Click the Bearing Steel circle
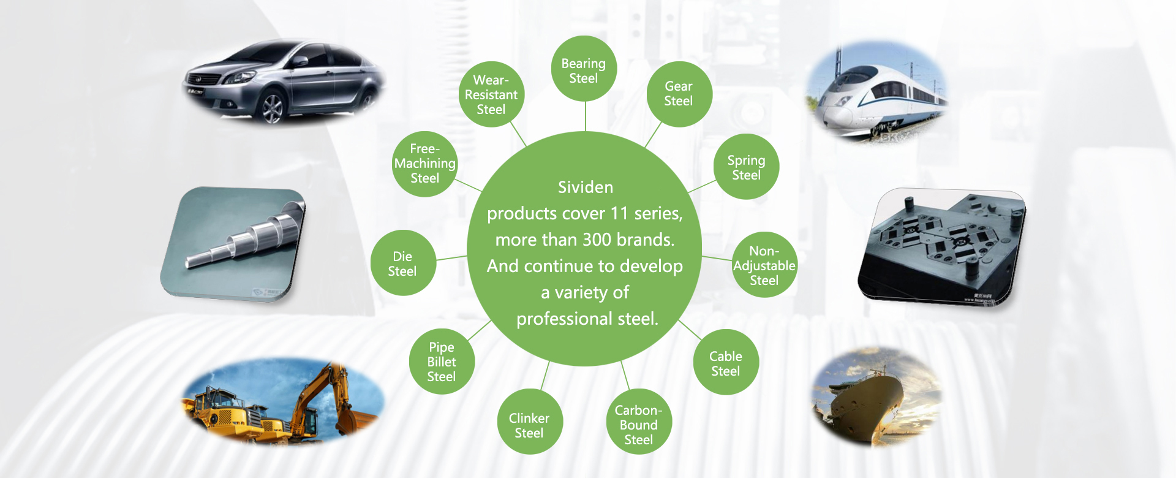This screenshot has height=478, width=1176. pos(584,69)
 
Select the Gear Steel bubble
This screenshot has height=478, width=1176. pos(679,94)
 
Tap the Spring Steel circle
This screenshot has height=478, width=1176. pos(747,167)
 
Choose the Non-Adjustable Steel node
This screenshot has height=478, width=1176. pos(764,265)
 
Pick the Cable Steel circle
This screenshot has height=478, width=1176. pos(726,362)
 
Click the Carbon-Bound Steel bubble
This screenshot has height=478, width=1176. pos(639,422)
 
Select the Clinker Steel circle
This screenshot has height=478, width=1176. pos(530,422)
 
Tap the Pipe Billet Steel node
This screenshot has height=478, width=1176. pos(442,362)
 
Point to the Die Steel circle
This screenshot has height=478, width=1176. pos(403,263)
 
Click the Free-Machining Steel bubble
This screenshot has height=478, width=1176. pos(424,164)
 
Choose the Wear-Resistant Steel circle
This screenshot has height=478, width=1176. pos(491,94)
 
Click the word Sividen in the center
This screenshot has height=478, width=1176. pos(586,187)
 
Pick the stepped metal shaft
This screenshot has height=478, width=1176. pos(245,236)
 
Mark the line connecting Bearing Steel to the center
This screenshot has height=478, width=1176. pos(586,116)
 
